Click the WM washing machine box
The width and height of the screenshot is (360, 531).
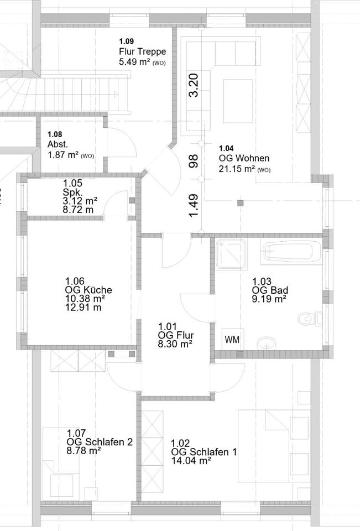pos(232,340)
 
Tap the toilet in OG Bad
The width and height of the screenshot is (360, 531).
pos(306,319)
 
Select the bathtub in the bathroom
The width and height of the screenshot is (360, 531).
pos(290,253)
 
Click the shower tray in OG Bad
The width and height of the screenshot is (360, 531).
pos(230,254)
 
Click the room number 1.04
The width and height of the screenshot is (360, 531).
pos(226,148)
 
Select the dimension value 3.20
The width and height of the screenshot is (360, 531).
pos(193,86)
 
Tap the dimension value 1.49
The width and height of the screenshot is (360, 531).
pos(193,205)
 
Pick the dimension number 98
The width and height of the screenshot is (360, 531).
pos(193,161)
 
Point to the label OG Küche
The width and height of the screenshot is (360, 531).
pos(88,290)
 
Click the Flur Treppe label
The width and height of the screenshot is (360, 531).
pos(142,51)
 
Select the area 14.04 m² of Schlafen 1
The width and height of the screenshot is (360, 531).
pos(191,460)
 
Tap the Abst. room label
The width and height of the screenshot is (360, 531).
pos(58,144)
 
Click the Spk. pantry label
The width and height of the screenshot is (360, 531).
pos(73,191)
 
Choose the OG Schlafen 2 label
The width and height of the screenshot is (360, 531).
pos(100,441)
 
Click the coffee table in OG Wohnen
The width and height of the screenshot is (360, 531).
pos(238,101)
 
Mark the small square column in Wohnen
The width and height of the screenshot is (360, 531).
pos(240,203)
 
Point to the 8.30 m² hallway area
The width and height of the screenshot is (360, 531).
pos(175,343)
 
